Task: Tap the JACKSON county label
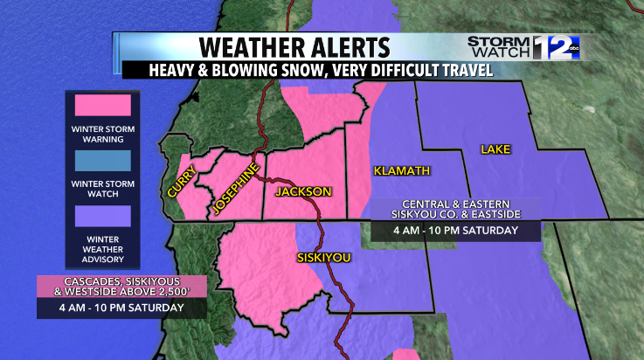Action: (x=303, y=191)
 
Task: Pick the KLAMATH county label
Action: (x=398, y=170)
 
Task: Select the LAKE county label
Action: (x=495, y=150)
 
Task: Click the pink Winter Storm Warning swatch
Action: (x=102, y=106)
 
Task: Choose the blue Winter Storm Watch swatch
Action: (x=102, y=161)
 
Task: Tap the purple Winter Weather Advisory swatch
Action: (x=102, y=215)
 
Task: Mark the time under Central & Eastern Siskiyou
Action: (x=454, y=231)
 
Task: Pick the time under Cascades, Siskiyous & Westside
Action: (x=121, y=308)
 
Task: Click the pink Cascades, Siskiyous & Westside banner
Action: (x=121, y=287)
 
